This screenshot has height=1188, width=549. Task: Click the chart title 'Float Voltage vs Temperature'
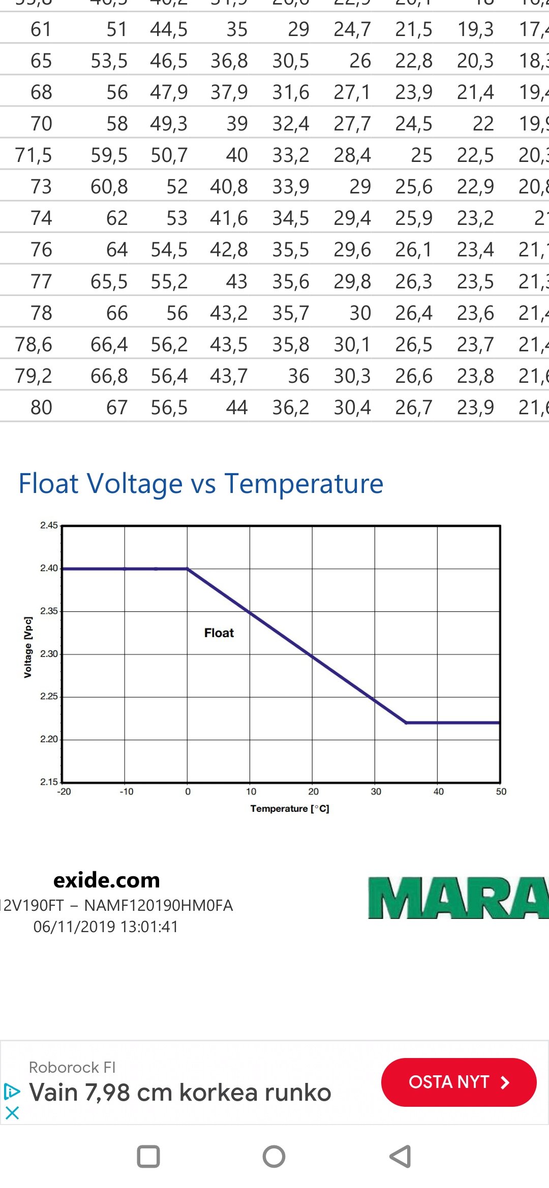coord(201,483)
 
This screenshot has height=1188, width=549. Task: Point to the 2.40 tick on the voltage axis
coord(49,568)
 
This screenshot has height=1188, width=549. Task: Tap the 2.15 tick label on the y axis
coord(49,782)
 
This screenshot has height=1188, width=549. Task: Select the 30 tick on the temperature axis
coord(376,791)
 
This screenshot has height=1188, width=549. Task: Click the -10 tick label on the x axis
coord(127,791)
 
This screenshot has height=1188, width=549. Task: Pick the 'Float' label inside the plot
coord(219,633)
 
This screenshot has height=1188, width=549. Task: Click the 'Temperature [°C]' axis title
coord(290,809)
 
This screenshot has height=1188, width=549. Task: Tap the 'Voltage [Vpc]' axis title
coord(28,647)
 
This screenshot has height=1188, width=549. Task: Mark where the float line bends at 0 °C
coord(188,569)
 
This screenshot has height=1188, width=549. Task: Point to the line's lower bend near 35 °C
coord(406,722)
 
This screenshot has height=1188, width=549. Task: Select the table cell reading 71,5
coord(34,155)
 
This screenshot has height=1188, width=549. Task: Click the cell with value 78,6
coord(34,345)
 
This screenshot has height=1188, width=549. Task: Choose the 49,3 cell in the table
coord(169,124)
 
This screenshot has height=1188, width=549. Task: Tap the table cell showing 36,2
coord(291,408)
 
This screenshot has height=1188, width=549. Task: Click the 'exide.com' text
coord(107,880)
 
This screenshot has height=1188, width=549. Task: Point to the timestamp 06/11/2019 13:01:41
coord(106,927)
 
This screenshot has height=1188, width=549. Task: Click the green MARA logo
coord(457,898)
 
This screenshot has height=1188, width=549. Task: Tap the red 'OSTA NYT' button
coord(459,1082)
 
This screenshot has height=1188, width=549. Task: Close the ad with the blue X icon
coord(12,1113)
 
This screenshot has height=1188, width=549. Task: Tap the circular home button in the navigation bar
coord(274,1157)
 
